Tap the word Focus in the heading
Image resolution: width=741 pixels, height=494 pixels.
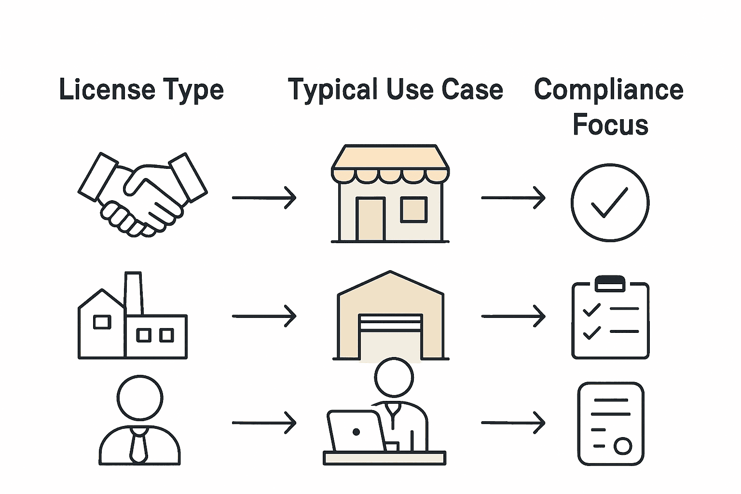(x=610, y=124)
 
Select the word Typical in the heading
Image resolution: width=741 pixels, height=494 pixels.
(x=332, y=90)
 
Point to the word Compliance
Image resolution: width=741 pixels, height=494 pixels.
(x=608, y=90)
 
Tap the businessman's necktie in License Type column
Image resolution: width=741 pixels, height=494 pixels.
(x=138, y=445)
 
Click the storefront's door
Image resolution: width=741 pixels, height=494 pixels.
(x=370, y=219)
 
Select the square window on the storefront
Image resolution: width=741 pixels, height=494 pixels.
(x=414, y=209)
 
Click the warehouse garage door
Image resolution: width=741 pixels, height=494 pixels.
(x=390, y=335)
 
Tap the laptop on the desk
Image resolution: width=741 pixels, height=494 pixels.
(x=356, y=431)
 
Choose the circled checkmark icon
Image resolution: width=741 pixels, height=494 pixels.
(x=610, y=203)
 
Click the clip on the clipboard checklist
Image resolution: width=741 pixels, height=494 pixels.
(x=610, y=283)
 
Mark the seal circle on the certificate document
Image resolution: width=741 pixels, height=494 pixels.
(x=622, y=446)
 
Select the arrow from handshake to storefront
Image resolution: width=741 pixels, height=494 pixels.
(x=264, y=198)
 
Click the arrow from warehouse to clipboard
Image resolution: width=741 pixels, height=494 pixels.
(x=513, y=316)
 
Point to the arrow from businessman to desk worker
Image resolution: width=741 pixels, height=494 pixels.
(x=264, y=423)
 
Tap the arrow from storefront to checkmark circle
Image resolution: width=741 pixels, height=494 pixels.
(x=513, y=198)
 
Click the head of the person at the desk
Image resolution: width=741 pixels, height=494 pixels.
(x=394, y=377)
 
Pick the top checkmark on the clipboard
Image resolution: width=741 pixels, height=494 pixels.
(x=591, y=309)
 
